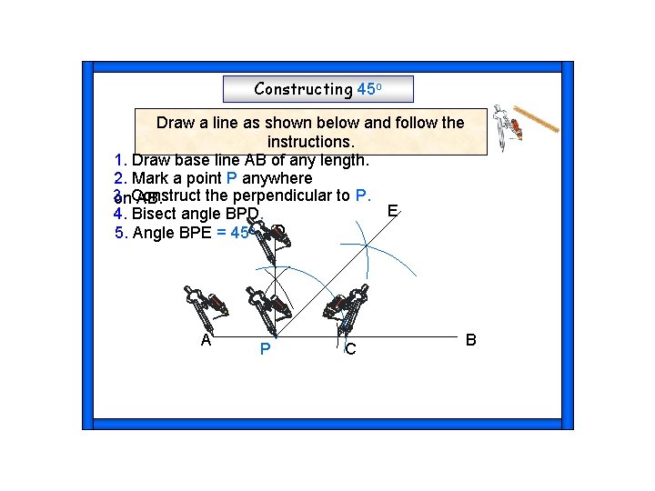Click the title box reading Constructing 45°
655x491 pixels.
tap(317, 89)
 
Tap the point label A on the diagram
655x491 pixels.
tap(207, 340)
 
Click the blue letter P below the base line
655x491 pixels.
tap(264, 348)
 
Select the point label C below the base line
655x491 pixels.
tap(350, 348)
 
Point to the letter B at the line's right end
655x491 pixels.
tap(470, 340)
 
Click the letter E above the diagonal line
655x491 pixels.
tap(391, 211)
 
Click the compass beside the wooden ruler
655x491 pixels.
tap(506, 125)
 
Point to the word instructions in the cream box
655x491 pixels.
tap(310, 142)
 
